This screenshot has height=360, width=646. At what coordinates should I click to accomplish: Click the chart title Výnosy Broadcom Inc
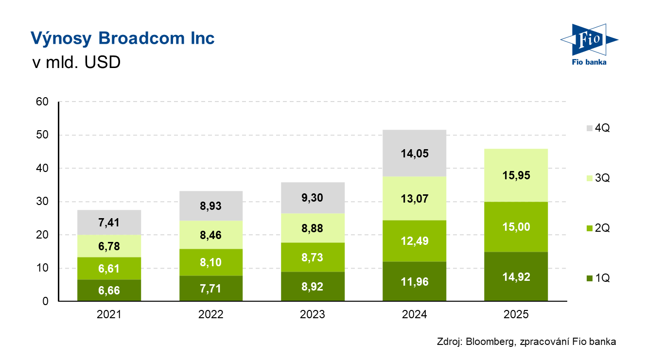pos(122,38)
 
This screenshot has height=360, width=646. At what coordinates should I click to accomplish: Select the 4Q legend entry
pos(598,128)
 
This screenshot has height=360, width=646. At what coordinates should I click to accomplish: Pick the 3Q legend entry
pos(598,178)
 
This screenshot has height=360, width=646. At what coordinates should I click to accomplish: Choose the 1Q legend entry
pos(598,278)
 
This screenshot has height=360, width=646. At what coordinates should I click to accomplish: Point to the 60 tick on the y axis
pos(42,102)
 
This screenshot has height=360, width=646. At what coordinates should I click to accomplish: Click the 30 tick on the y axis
pos(42,202)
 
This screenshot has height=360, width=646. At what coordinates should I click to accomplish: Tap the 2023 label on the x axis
pos(313,315)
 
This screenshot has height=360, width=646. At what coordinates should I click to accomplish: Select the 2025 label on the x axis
pos(516,315)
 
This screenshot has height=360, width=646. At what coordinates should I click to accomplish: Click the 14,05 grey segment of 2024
pos(414,153)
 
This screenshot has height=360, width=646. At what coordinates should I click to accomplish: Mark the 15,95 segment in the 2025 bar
pos(516,175)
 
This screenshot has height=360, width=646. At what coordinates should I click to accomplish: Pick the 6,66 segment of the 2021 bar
pos(109,291)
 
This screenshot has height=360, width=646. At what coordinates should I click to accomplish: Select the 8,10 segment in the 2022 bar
pos(211,262)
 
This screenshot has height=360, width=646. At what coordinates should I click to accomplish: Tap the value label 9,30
pos(313,198)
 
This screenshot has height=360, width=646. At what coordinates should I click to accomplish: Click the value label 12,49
pos(414,241)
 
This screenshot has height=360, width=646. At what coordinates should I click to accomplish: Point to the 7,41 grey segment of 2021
pos(109,223)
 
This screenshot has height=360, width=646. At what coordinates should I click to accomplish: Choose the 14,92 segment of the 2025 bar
pos(516,277)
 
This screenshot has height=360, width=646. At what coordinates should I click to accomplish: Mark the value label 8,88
pos(313,228)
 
